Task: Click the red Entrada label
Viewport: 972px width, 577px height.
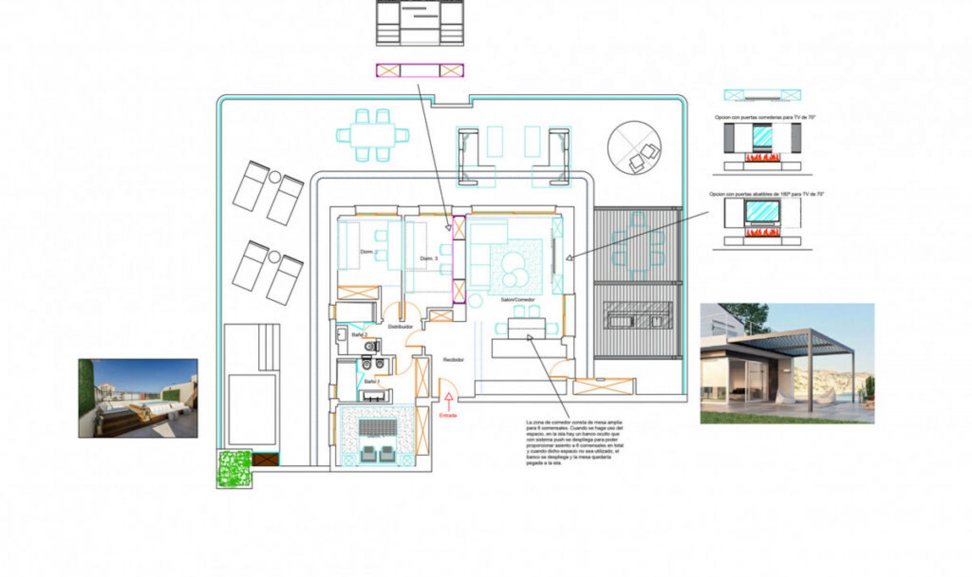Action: click(x=448, y=416)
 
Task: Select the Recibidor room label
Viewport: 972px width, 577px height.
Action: click(x=453, y=360)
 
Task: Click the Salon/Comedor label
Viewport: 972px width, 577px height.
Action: click(x=517, y=300)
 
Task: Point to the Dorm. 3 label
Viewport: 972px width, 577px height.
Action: click(x=428, y=259)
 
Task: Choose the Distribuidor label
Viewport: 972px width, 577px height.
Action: click(x=400, y=327)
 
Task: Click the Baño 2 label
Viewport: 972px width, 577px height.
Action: click(x=359, y=335)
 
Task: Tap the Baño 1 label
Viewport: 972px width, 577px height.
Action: click(x=372, y=382)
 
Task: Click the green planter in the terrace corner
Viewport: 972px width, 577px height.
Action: click(x=234, y=469)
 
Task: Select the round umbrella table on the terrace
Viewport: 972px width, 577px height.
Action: click(x=634, y=147)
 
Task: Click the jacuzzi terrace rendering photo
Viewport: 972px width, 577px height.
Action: click(x=138, y=398)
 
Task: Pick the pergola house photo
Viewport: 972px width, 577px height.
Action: click(x=787, y=363)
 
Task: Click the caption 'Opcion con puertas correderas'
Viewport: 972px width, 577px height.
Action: click(x=764, y=117)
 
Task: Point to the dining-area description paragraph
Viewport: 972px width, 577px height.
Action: click(x=574, y=442)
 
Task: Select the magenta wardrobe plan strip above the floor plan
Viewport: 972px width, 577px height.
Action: click(x=420, y=70)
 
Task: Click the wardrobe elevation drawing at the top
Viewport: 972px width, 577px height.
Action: click(x=420, y=23)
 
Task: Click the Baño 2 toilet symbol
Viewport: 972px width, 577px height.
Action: click(x=372, y=346)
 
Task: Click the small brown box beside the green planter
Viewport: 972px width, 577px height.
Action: click(x=265, y=459)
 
